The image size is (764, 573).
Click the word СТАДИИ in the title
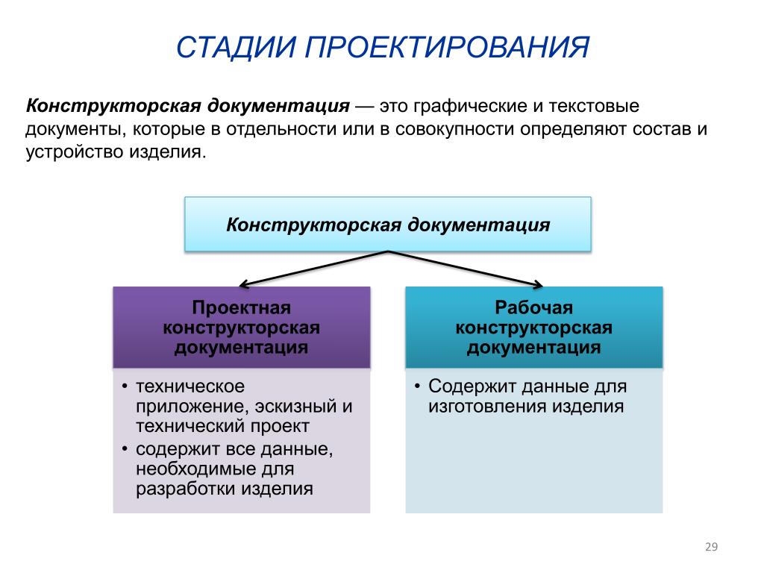pos(237,47)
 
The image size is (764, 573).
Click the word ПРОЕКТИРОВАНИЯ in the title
pos(448,47)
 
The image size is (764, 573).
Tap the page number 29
pos(711,547)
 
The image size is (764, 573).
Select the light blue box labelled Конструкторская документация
pos(388,224)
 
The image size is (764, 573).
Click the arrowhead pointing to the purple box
pos(244,284)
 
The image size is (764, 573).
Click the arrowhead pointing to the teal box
pos(538,284)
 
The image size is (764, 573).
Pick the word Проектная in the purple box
pos(242,307)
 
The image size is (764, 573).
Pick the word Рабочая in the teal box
pos(534,307)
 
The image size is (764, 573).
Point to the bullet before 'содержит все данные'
pos(125,448)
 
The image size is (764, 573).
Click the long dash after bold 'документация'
pos(364,107)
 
